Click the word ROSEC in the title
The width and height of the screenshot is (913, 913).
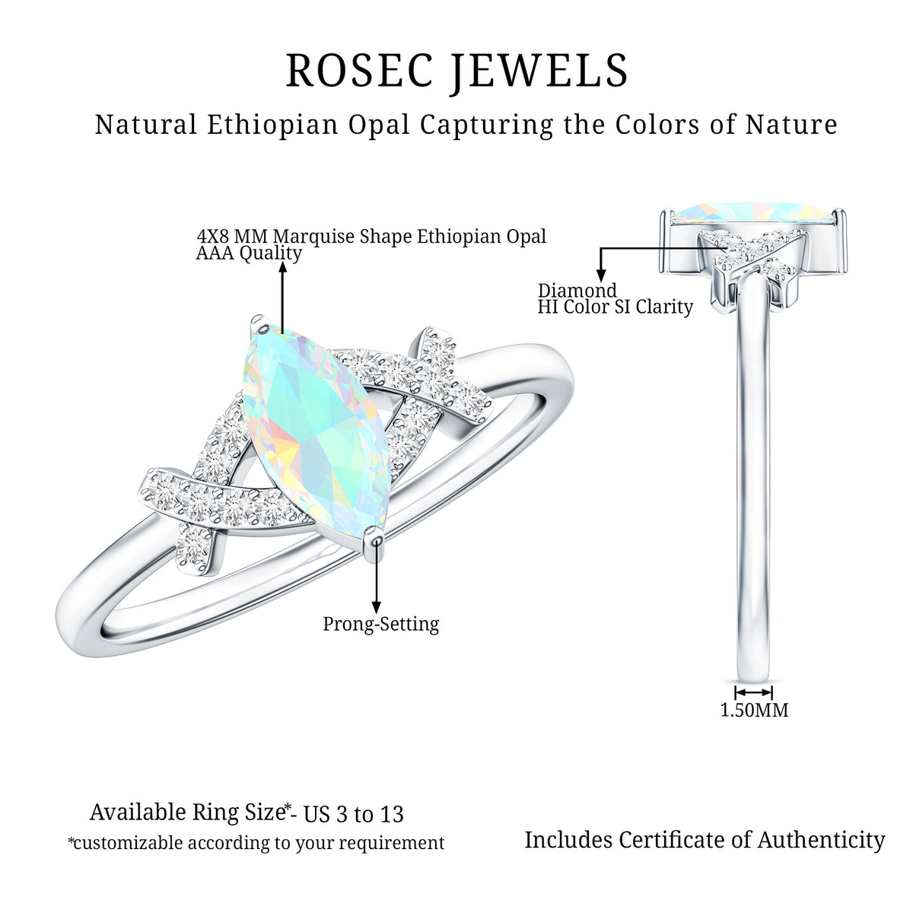360,70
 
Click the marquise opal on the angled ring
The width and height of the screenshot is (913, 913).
316,429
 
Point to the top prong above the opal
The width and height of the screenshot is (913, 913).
259,325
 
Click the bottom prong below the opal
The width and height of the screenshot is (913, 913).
374,542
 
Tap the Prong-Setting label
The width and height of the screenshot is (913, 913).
381,624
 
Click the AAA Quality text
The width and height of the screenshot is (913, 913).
249,253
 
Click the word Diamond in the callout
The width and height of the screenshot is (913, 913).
577,290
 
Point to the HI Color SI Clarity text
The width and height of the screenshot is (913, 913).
615,307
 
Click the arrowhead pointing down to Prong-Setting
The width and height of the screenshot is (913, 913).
376,607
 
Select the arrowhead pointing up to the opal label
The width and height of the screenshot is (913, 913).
283,267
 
